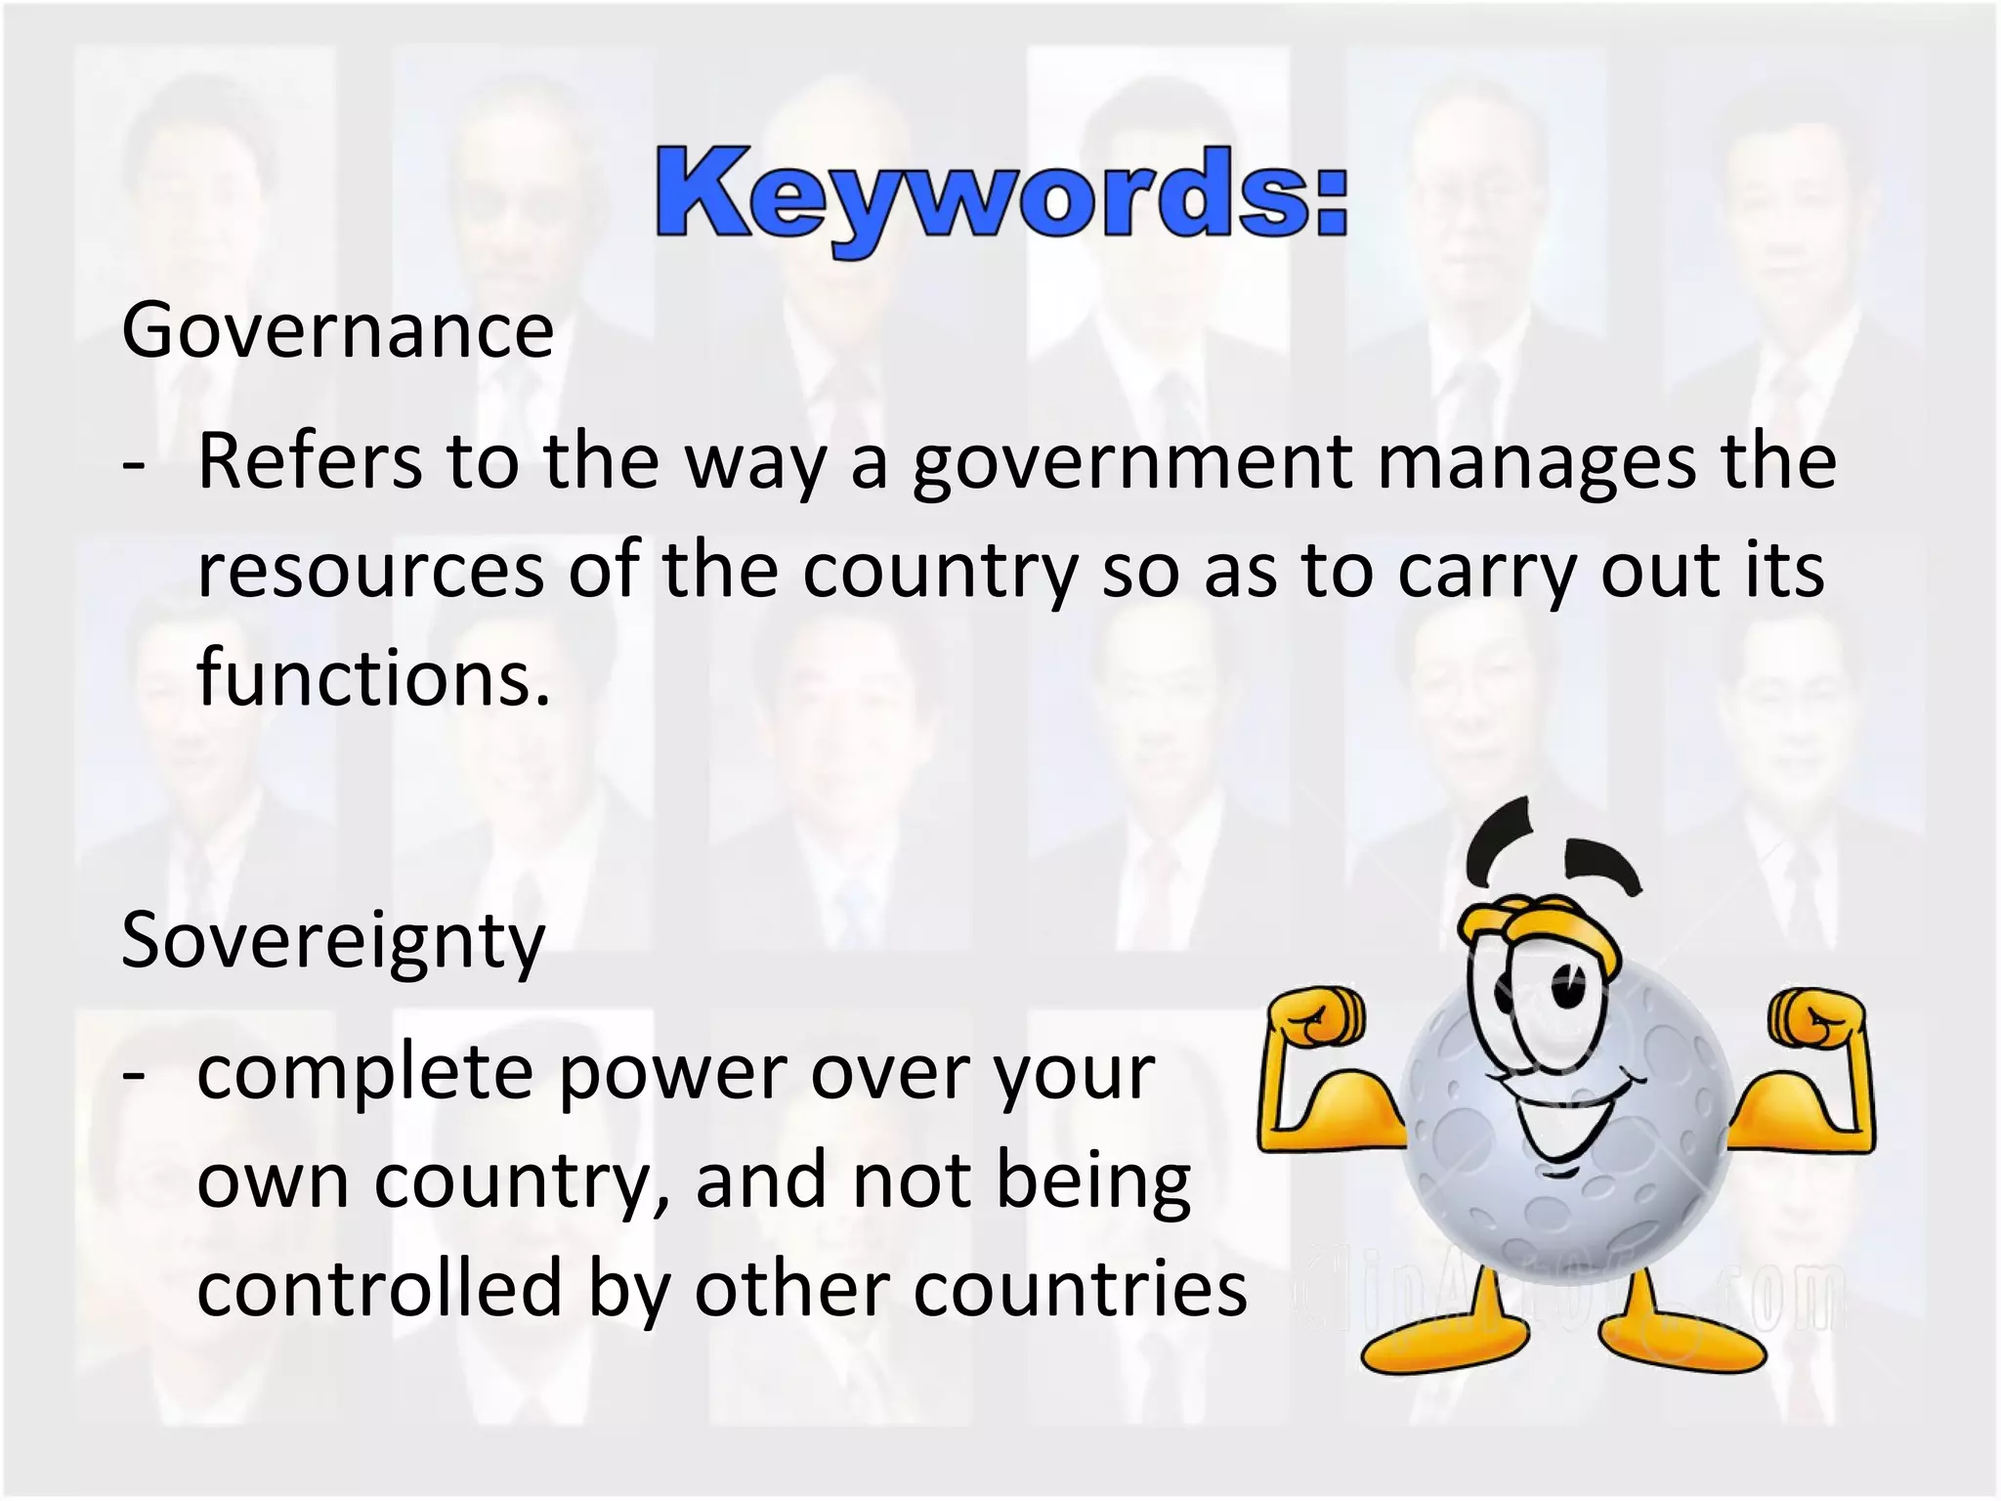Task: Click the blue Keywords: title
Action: [x=1001, y=195]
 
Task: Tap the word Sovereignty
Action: [x=333, y=940]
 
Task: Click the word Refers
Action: [x=310, y=461]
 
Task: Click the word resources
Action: [x=370, y=571]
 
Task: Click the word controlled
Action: [x=380, y=1288]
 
